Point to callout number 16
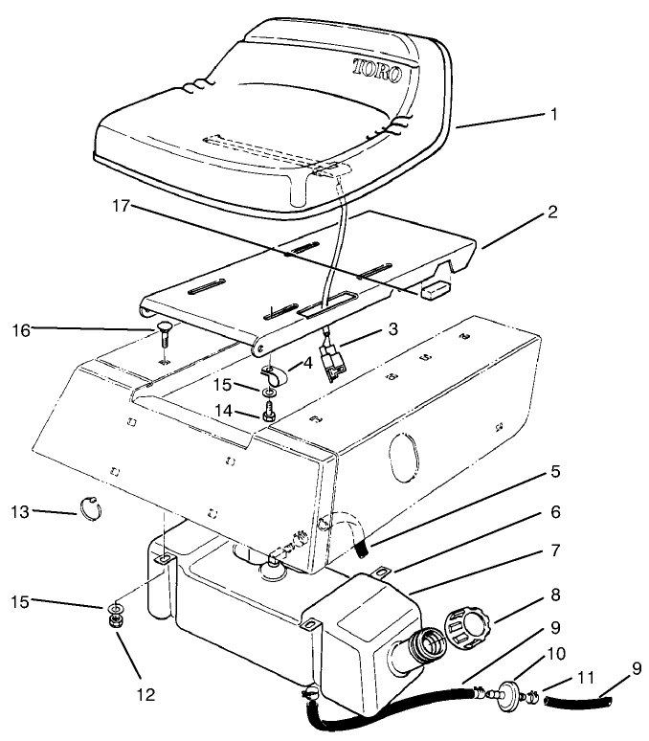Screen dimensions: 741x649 click(x=20, y=330)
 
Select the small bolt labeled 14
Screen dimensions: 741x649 click(x=269, y=415)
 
